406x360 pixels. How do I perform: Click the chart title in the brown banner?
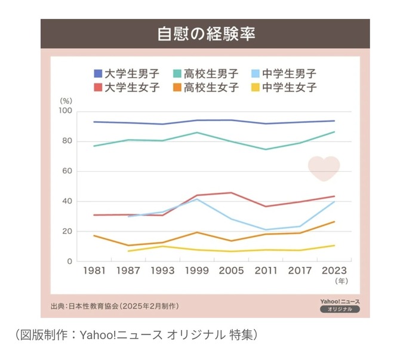click(206, 34)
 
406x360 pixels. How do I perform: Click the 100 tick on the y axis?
click(65, 112)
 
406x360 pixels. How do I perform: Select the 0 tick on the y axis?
click(69, 261)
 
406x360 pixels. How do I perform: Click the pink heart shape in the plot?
click(324, 168)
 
